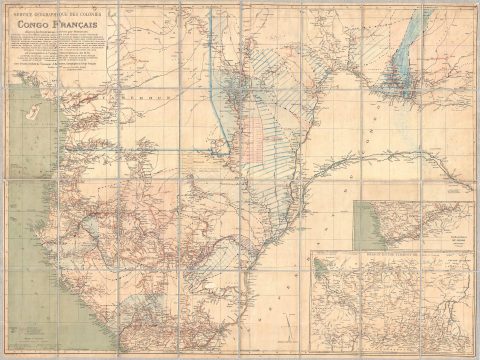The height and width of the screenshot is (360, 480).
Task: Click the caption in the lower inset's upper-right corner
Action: [x=455, y=262]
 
